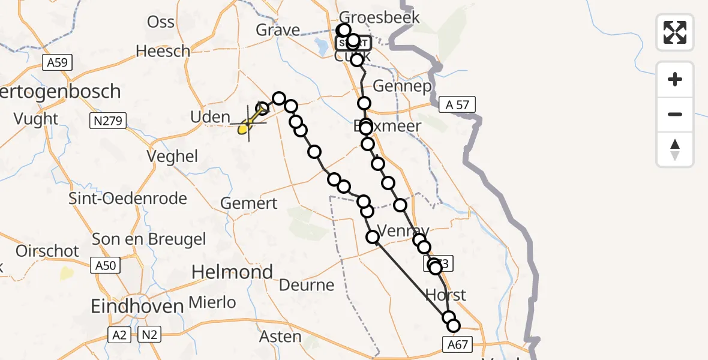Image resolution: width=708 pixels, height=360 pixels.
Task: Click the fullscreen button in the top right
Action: [x=675, y=32]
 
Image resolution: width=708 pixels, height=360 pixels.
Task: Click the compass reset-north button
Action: [x=675, y=149]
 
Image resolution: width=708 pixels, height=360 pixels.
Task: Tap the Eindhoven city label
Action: [x=137, y=307]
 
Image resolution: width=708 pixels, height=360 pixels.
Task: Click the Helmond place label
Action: [x=232, y=272]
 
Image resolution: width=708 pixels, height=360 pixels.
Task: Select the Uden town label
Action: [x=210, y=117]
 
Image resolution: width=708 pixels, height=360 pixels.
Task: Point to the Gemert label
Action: [x=249, y=203]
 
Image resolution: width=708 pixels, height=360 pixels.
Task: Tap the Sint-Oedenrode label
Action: [x=128, y=199]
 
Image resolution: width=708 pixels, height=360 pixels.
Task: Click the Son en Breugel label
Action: [x=149, y=239]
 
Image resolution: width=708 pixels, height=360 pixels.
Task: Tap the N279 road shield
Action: [x=108, y=122]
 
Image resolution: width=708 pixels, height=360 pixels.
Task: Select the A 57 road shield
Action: [x=457, y=105]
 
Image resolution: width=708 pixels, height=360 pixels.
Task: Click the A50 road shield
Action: [x=106, y=264]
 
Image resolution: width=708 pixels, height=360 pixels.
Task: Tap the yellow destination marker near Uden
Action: [x=244, y=128]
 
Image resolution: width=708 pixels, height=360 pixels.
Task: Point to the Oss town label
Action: [x=161, y=22]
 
